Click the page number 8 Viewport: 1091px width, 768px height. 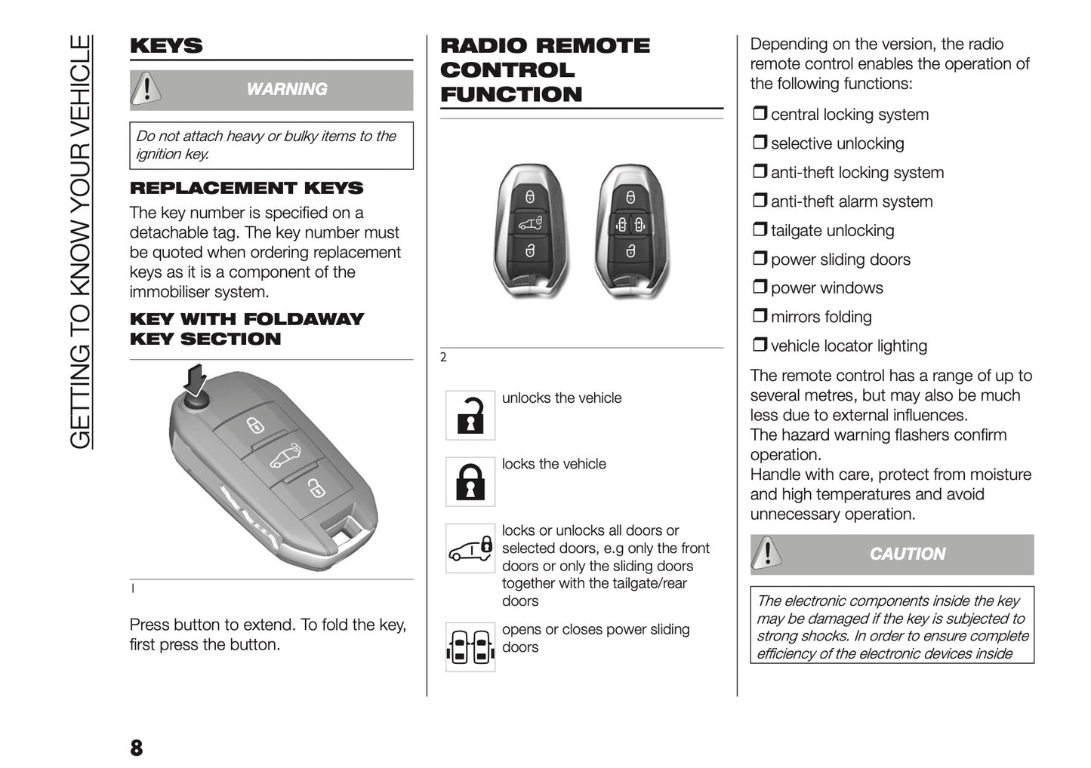tap(137, 748)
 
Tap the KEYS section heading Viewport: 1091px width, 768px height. tap(166, 46)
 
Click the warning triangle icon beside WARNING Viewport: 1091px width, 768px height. tap(146, 90)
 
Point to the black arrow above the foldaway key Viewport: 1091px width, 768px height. tap(196, 379)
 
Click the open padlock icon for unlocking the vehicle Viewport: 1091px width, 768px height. tap(470, 415)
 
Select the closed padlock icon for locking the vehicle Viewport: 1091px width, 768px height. tap(470, 481)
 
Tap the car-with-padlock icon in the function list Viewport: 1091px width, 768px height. tap(470, 548)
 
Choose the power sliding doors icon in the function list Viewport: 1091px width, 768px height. tap(470, 647)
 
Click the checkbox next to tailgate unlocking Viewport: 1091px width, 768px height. tap(759, 230)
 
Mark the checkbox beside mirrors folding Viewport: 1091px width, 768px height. tap(759, 317)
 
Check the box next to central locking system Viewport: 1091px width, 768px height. tap(759, 114)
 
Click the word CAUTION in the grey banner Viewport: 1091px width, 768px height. tap(907, 554)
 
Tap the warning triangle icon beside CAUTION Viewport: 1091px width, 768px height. tap(767, 554)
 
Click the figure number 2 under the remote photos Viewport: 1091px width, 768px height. tap(443, 358)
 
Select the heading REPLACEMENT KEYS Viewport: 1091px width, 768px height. tap(246, 188)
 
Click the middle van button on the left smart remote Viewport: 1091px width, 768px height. tap(530, 223)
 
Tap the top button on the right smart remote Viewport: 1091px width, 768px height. tap(630, 198)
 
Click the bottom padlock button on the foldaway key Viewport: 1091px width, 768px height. tap(316, 488)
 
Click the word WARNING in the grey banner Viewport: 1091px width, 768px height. tap(287, 90)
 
